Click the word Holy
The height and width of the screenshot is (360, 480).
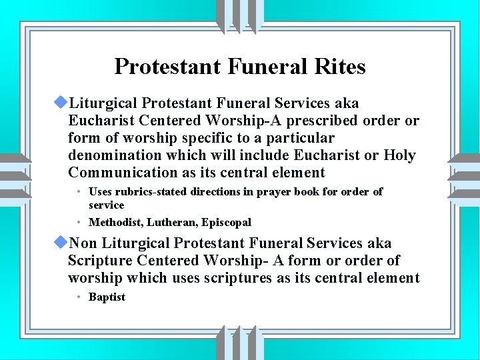point(400,155)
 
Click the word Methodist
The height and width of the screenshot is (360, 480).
point(114,222)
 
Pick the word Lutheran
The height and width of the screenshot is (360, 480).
point(169,222)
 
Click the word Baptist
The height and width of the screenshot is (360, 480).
point(107,297)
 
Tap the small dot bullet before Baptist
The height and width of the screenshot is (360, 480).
point(79,297)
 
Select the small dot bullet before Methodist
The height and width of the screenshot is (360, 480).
point(79,222)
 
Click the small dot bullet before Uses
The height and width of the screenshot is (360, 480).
point(79,192)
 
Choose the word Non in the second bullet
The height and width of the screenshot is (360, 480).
point(83,243)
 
